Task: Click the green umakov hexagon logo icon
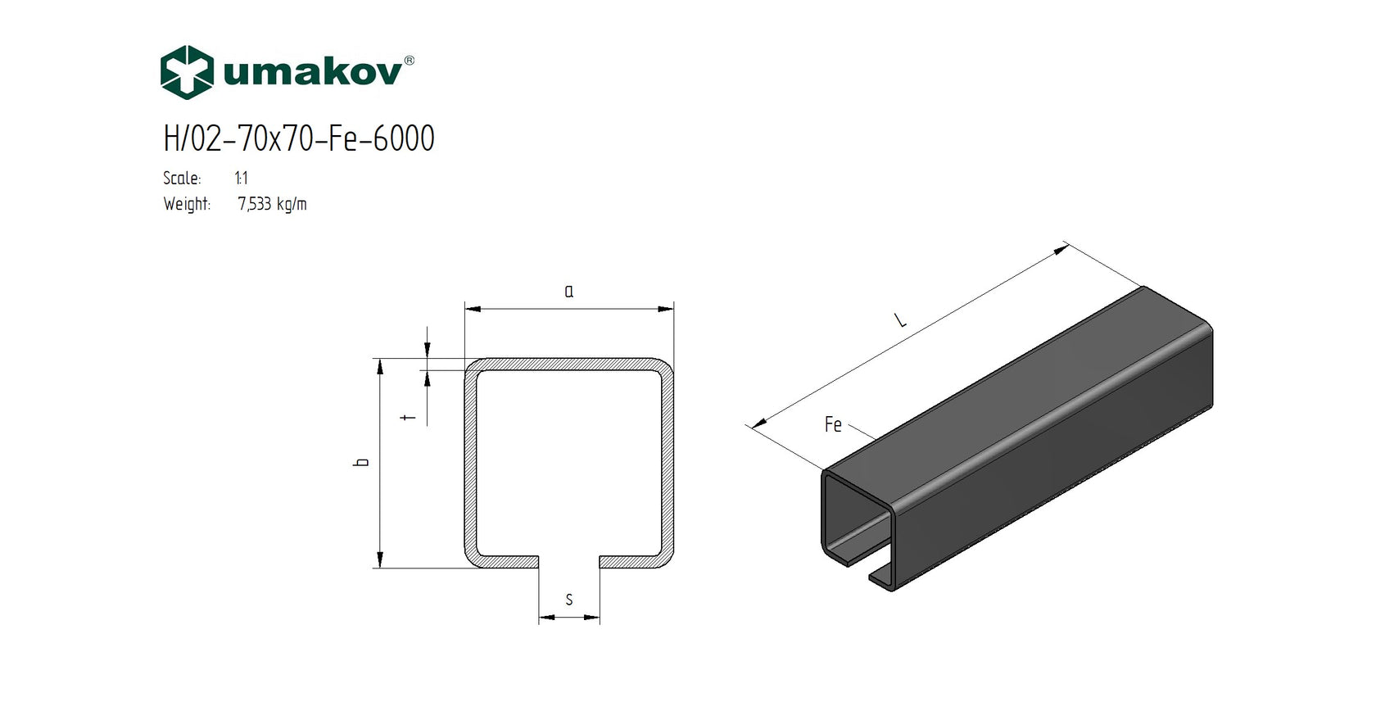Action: [187, 72]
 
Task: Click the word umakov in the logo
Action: [312, 73]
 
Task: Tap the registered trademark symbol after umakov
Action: [410, 61]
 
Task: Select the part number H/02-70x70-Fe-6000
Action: [299, 138]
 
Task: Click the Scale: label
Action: [182, 179]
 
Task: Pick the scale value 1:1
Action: [241, 179]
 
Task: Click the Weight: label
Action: [187, 204]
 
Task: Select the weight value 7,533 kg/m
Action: [272, 204]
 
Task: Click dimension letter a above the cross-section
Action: [569, 291]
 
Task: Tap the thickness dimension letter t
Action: [410, 418]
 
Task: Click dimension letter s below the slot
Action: [569, 600]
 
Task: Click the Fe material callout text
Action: [833, 424]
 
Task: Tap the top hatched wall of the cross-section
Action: [569, 365]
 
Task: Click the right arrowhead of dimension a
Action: [667, 309]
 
